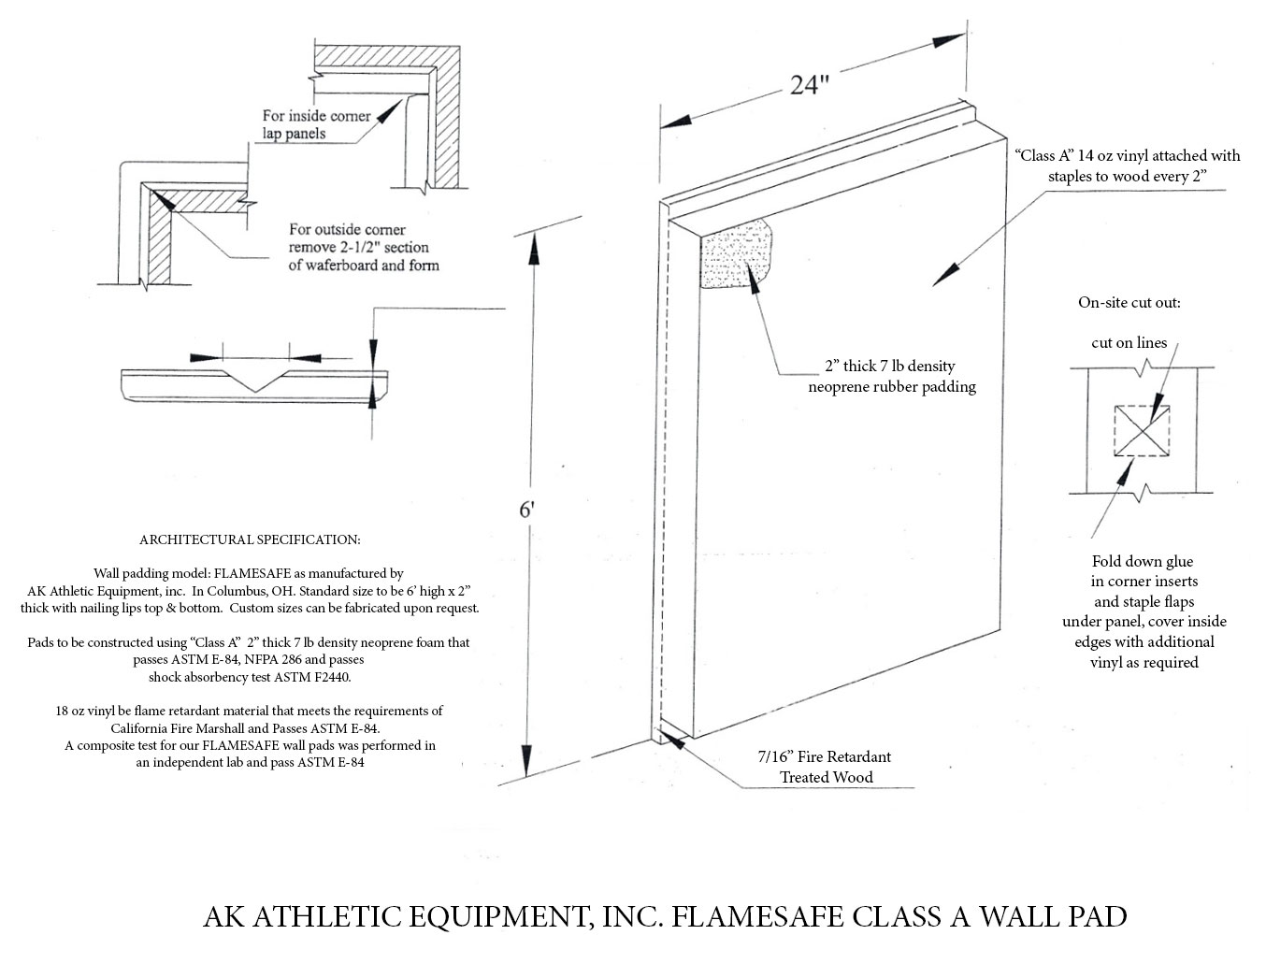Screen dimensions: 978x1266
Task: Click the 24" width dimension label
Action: point(810,84)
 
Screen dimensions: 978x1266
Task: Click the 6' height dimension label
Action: point(526,511)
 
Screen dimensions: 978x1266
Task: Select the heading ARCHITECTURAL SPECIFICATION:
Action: point(250,539)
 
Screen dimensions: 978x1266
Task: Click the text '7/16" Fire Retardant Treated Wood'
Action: point(826,767)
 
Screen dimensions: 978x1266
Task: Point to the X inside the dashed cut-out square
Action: point(1142,431)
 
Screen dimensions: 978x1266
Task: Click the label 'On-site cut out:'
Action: point(1129,303)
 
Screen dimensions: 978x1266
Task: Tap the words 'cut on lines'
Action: point(1129,342)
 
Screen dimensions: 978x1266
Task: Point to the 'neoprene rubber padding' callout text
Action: point(891,386)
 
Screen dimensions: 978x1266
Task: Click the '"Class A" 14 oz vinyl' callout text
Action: point(1128,155)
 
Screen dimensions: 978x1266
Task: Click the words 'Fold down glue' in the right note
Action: point(1143,561)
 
